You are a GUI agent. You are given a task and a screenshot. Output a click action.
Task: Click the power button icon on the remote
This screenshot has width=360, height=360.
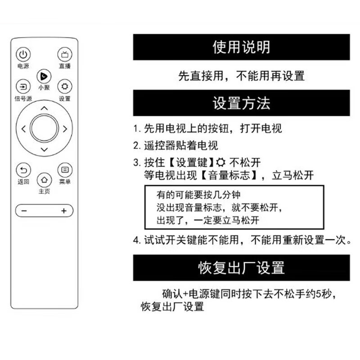click(23, 55)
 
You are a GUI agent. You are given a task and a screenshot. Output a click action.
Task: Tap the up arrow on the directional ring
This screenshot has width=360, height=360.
click(44, 108)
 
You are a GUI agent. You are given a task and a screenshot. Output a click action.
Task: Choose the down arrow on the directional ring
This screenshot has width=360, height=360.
click(44, 149)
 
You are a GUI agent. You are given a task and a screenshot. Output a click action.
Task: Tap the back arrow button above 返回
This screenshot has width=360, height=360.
click(23, 170)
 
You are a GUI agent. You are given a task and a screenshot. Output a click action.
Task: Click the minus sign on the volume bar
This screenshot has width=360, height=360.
click(24, 211)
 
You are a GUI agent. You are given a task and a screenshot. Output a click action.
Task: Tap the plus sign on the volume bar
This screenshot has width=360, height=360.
click(64, 211)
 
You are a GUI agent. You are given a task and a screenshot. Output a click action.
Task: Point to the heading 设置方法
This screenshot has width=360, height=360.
click(241, 104)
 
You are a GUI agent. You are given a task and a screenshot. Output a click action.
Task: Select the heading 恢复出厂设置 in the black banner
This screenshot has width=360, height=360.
click(241, 268)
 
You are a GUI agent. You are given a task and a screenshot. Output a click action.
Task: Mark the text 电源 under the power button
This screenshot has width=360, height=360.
click(23, 67)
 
